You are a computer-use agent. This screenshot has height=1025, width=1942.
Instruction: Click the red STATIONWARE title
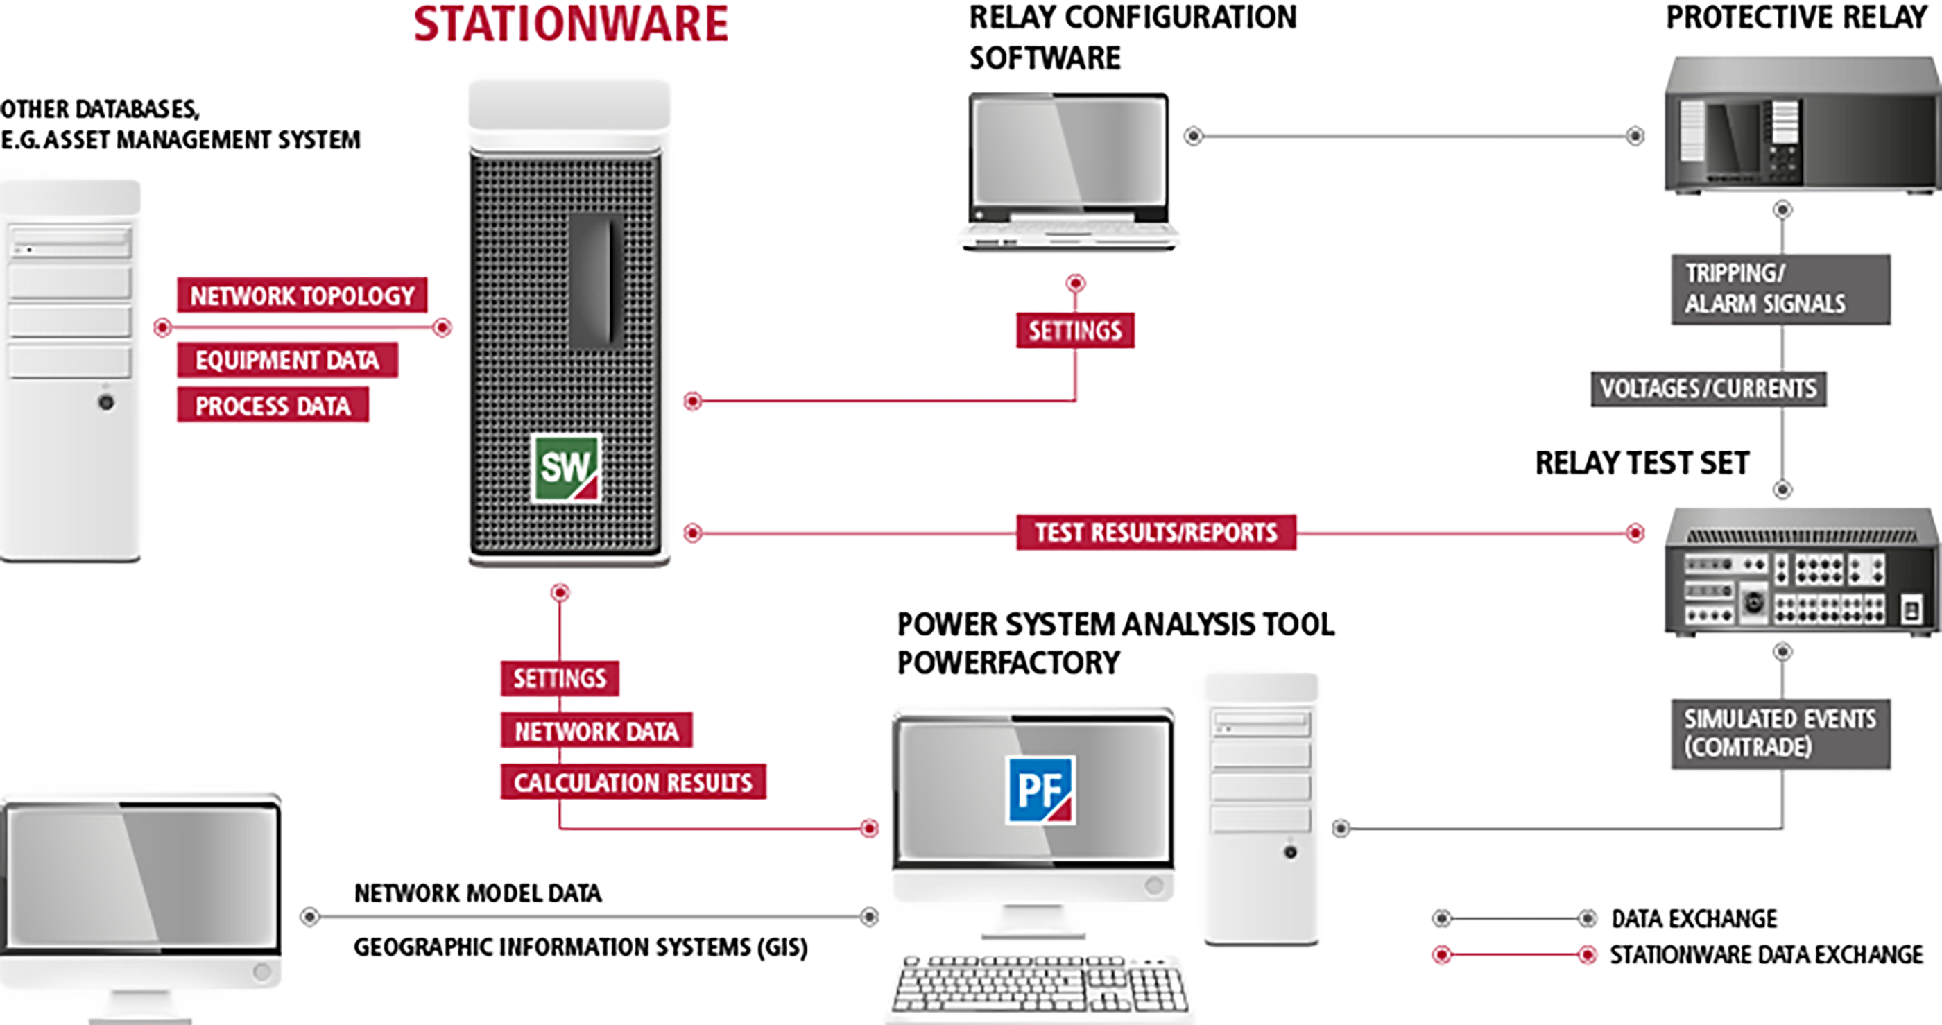point(571,24)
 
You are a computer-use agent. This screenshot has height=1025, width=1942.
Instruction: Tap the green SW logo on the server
point(565,468)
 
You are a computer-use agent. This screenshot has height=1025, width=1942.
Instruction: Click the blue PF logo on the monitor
point(1041,790)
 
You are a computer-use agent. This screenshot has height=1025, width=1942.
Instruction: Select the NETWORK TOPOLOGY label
point(302,295)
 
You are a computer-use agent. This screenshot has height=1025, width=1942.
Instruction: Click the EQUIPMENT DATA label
point(287,360)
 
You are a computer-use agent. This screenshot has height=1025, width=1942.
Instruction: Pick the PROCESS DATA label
point(273,406)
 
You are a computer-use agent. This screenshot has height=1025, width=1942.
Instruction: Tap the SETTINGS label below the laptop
point(1075,331)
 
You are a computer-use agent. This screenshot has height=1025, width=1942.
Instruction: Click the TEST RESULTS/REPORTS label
point(1155,533)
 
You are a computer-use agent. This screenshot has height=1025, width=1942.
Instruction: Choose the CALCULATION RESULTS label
point(633,782)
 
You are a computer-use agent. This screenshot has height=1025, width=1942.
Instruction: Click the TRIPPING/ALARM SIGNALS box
point(1780,288)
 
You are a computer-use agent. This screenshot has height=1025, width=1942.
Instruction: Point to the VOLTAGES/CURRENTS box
point(1708,389)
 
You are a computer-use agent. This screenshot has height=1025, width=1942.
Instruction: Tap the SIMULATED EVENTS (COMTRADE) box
point(1780,733)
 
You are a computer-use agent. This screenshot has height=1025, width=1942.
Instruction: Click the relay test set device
point(1802,572)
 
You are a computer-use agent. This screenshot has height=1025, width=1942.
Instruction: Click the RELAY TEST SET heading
point(1642,463)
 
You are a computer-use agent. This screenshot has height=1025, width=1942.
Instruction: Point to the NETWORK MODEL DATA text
point(478,893)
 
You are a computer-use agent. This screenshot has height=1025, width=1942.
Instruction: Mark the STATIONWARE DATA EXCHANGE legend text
point(1767,955)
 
